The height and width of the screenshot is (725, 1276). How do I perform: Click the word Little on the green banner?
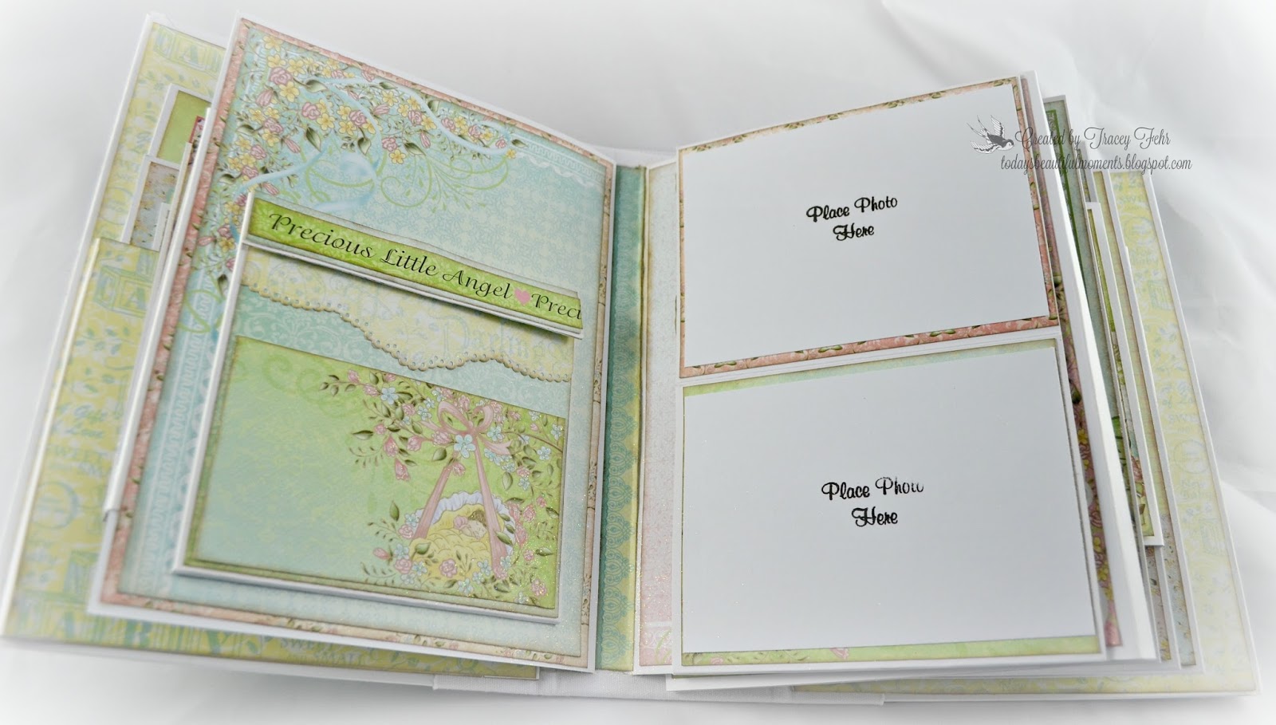[x=407, y=257]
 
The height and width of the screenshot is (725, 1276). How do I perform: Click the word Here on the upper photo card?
[x=853, y=231]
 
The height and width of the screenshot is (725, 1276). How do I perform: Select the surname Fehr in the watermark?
[x=1149, y=140]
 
